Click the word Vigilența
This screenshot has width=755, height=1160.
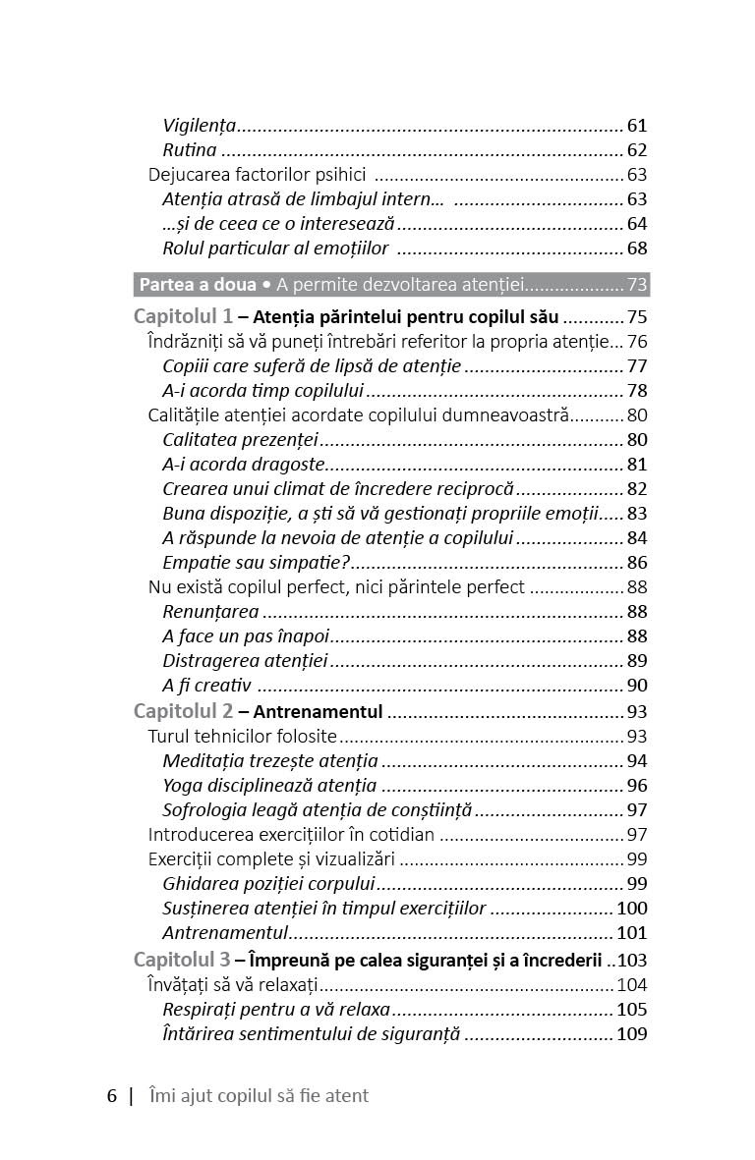coord(200,126)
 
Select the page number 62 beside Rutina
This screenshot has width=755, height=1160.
coord(637,150)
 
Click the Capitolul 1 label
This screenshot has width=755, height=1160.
coord(183,317)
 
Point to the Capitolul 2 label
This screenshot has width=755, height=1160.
coord(183,711)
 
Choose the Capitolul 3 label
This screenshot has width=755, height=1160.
coord(183,960)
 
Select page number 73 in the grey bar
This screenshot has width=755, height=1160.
coord(637,285)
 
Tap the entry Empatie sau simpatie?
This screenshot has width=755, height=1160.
coord(257,563)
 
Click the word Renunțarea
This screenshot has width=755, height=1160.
coord(210,612)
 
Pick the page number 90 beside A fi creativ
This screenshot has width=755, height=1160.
coord(637,686)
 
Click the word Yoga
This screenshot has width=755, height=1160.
coord(183,785)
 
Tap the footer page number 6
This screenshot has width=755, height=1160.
coord(112,1095)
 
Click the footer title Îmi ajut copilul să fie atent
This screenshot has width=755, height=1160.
coord(258,1095)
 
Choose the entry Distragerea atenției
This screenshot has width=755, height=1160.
coord(245,661)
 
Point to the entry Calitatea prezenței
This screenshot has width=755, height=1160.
coord(241,439)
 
